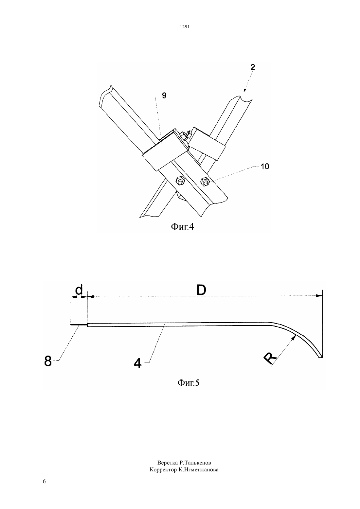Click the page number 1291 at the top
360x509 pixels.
(x=185, y=27)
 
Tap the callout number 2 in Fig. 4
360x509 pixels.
(x=253, y=67)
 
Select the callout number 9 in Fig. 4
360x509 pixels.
(x=164, y=96)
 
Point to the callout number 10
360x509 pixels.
(x=264, y=167)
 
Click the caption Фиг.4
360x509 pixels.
(x=182, y=227)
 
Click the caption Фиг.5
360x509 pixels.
(x=188, y=383)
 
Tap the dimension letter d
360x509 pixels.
(x=79, y=290)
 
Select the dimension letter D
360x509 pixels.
(x=201, y=290)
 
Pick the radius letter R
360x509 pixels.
(x=270, y=359)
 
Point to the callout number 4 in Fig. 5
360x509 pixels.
(x=137, y=363)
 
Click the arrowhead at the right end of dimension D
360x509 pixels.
(x=319, y=296)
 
